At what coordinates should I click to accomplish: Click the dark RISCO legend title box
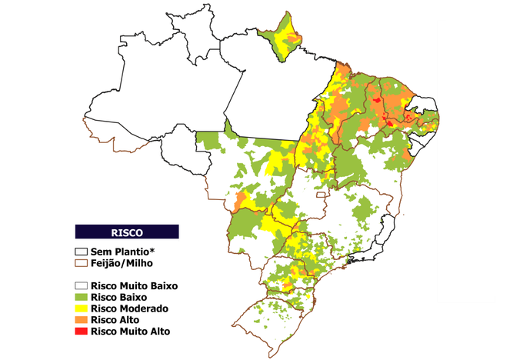pos(127,232)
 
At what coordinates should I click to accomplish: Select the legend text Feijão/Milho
pos(121,263)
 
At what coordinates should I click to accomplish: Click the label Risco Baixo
pos(118,297)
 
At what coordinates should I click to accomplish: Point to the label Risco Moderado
pos(128,308)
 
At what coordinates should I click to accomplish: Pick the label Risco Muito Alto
pos(130,332)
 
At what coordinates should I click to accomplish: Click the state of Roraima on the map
pos(197,35)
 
